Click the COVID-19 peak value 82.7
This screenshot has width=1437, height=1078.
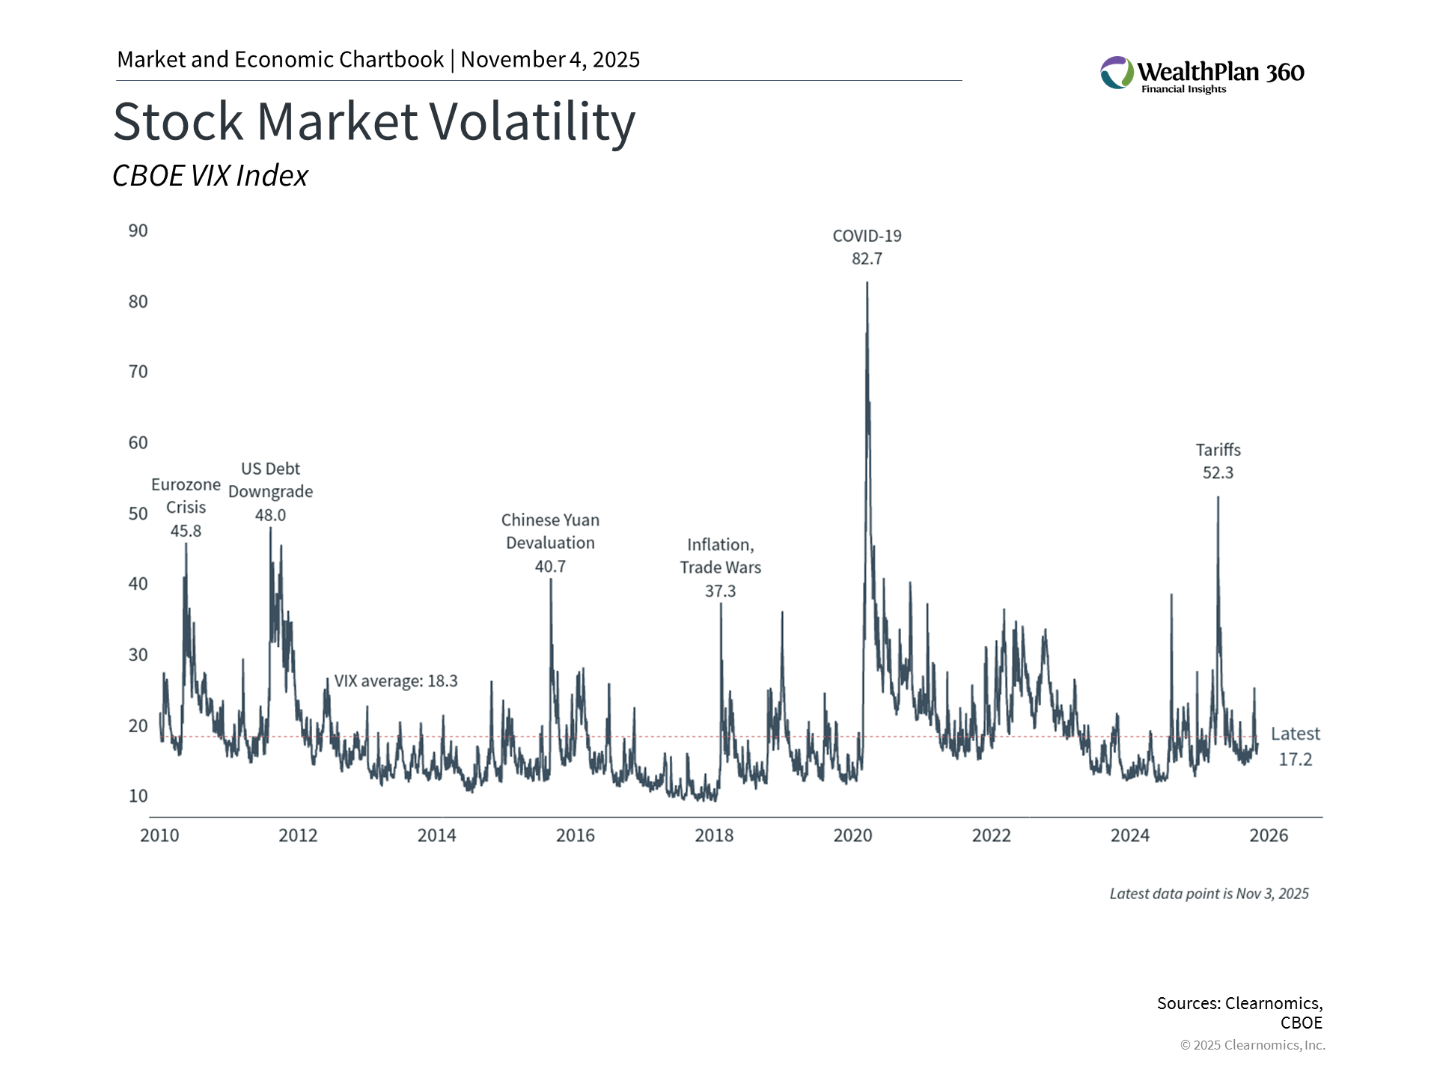867,259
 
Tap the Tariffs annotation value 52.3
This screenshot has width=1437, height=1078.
1218,473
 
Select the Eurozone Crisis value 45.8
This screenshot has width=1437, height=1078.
186,531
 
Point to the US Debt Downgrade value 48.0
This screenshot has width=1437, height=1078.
270,515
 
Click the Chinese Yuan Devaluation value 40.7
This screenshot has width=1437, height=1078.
550,567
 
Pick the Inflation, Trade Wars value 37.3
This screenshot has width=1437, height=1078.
720,591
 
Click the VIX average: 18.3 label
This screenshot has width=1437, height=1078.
395,681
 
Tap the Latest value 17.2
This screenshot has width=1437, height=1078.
1295,759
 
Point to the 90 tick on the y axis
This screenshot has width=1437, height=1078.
138,231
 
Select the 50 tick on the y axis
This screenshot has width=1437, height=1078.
138,514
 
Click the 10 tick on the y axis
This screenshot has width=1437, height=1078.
138,796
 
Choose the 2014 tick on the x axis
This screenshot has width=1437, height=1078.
436,835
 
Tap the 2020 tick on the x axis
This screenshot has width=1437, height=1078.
852,835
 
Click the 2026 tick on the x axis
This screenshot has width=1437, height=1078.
1269,835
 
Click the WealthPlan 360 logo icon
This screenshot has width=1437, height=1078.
1117,73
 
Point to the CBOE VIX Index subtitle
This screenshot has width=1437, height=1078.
210,176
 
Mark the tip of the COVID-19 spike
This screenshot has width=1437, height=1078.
867,283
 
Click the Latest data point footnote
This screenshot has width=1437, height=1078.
1209,894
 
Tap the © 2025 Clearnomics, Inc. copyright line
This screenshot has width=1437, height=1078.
1252,1045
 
